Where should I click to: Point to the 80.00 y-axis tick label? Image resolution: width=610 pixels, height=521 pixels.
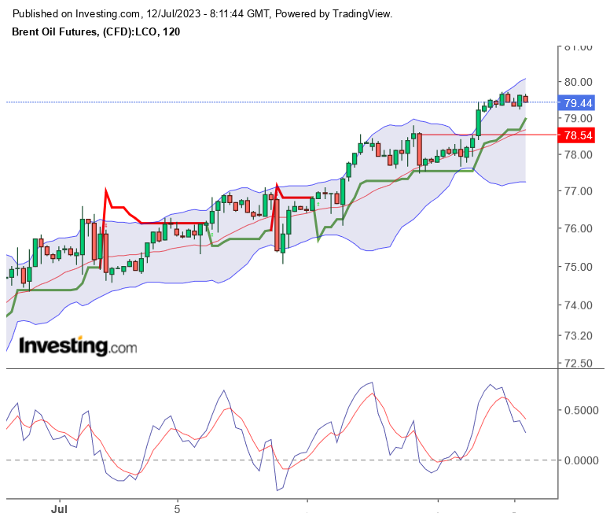pyautogui.click(x=578, y=82)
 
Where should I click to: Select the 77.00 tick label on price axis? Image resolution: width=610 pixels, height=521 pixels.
pyautogui.click(x=578, y=191)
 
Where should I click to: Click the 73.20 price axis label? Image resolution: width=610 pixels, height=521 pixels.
pyautogui.click(x=578, y=336)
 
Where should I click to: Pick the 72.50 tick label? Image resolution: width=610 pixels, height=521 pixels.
pyautogui.click(x=578, y=364)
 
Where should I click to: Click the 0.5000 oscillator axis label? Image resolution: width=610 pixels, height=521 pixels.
pyautogui.click(x=582, y=411)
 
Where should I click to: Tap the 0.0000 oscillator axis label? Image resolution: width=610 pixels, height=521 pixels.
pyautogui.click(x=582, y=460)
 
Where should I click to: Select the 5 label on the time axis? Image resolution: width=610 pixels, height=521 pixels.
pyautogui.click(x=178, y=509)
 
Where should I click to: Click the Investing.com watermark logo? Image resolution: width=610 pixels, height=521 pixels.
pyautogui.click(x=77, y=346)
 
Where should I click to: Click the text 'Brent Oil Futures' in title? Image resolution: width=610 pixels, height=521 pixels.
pyautogui.click(x=55, y=31)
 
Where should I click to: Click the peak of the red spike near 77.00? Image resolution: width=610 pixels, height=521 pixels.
pyautogui.click(x=105, y=189)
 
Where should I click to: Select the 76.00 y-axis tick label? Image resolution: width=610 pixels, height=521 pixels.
pyautogui.click(x=578, y=228)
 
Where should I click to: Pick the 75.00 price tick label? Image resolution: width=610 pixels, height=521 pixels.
pyautogui.click(x=578, y=267)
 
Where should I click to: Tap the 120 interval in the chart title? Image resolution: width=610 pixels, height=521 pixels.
pyautogui.click(x=171, y=31)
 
